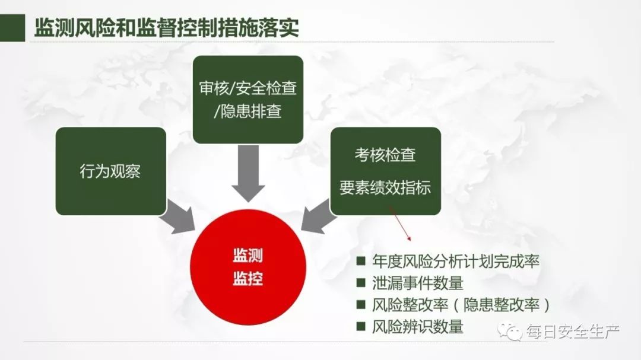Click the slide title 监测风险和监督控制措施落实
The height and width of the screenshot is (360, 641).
tap(166, 27)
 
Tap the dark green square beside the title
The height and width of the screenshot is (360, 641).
tap(12, 28)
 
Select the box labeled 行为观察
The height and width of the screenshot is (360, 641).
tap(111, 171)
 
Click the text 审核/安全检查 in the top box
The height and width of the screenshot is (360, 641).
tap(247, 88)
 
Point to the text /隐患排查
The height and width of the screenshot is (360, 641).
tap(247, 111)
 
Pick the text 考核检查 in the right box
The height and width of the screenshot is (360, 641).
tap(385, 155)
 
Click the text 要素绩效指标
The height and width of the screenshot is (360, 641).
tap(385, 187)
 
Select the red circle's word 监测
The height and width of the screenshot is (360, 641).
tap(247, 256)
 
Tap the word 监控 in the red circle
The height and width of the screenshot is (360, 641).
tap(247, 279)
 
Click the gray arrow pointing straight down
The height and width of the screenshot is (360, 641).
tap(248, 173)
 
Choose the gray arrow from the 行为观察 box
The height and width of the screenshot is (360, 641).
tap(177, 217)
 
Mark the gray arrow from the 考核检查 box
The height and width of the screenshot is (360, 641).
tap(319, 216)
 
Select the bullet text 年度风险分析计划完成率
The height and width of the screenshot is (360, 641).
tap(456, 262)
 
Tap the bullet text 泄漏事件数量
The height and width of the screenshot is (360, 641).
tap(418, 283)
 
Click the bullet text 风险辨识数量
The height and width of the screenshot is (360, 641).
tap(418, 327)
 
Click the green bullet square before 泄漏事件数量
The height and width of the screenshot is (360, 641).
tap(361, 283)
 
